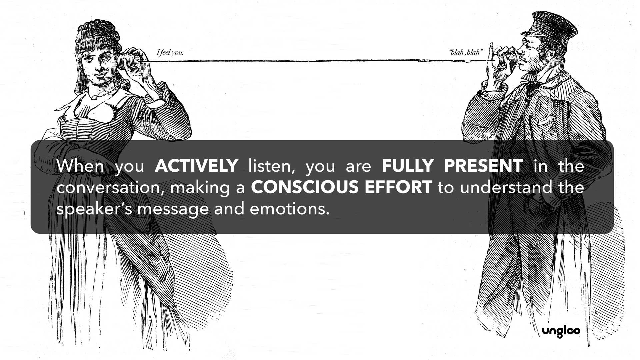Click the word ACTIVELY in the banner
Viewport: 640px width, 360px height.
click(196, 166)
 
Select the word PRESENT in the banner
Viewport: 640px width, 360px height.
click(483, 166)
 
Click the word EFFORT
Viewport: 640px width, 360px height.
click(398, 187)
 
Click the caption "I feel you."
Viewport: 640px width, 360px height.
click(170, 52)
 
